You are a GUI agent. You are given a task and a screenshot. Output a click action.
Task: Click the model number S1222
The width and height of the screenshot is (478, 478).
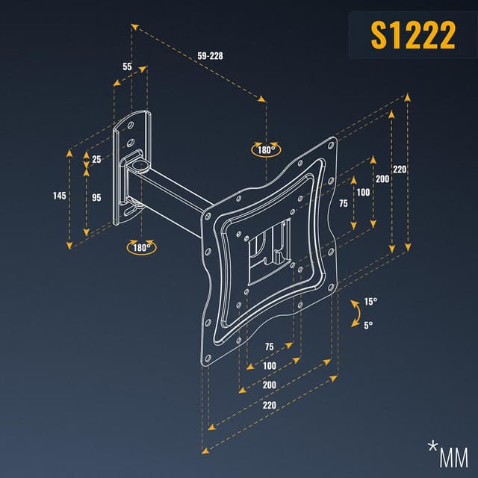click(x=413, y=36)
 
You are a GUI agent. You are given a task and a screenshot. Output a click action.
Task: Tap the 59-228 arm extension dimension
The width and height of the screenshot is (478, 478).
click(x=211, y=56)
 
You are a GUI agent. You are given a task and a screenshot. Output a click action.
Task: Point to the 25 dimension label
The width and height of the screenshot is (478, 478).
click(x=97, y=159)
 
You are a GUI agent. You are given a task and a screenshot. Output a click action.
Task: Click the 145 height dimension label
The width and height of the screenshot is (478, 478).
click(x=60, y=196)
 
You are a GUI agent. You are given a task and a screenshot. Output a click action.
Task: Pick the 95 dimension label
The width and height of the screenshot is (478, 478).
click(x=97, y=198)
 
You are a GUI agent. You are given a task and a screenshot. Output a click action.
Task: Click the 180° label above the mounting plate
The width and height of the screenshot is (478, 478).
click(x=266, y=149)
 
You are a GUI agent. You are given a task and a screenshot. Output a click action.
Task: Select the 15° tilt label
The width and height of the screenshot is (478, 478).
click(x=370, y=302)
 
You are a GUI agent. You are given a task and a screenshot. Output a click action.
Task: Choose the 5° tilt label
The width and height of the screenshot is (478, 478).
click(x=368, y=325)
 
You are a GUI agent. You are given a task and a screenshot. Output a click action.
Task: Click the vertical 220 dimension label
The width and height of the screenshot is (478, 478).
click(x=400, y=170)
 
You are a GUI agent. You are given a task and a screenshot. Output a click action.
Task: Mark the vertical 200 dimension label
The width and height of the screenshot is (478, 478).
click(x=382, y=179)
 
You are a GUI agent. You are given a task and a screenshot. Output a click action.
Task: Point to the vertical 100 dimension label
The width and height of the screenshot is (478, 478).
click(x=363, y=193)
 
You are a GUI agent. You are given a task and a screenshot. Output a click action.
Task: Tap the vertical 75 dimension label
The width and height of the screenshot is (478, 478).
click(x=343, y=203)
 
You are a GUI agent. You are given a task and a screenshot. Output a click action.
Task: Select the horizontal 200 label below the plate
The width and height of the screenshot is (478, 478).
click(x=270, y=384)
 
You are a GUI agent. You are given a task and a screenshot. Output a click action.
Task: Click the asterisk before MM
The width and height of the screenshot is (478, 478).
click(x=432, y=447)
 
